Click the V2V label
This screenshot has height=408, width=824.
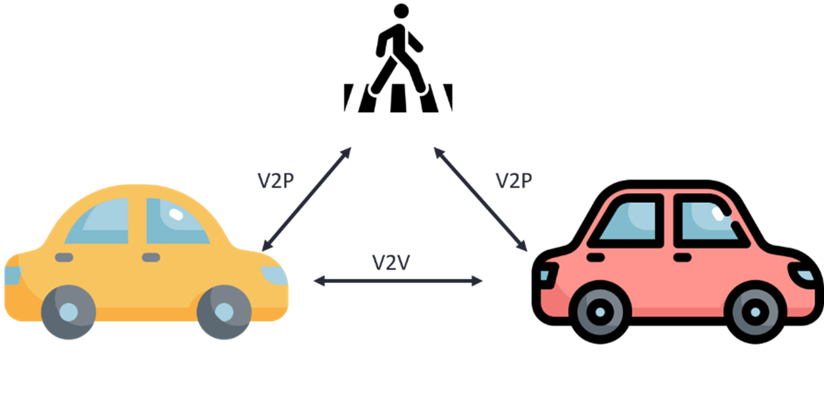tap(390, 263)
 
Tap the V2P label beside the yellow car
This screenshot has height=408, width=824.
tap(275, 181)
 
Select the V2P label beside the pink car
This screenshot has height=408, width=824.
tap(514, 181)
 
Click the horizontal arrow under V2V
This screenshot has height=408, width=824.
tap(397, 281)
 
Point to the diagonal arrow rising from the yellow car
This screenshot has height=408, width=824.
tap(306, 198)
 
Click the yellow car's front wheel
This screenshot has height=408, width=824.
tap(224, 311)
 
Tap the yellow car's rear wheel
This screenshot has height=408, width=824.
tap(68, 311)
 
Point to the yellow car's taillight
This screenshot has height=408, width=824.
tap(12, 276)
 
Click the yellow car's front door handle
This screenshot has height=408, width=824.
tap(151, 257)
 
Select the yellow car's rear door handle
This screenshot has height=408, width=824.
tap(64, 257)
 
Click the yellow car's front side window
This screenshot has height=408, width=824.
tap(174, 221)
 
